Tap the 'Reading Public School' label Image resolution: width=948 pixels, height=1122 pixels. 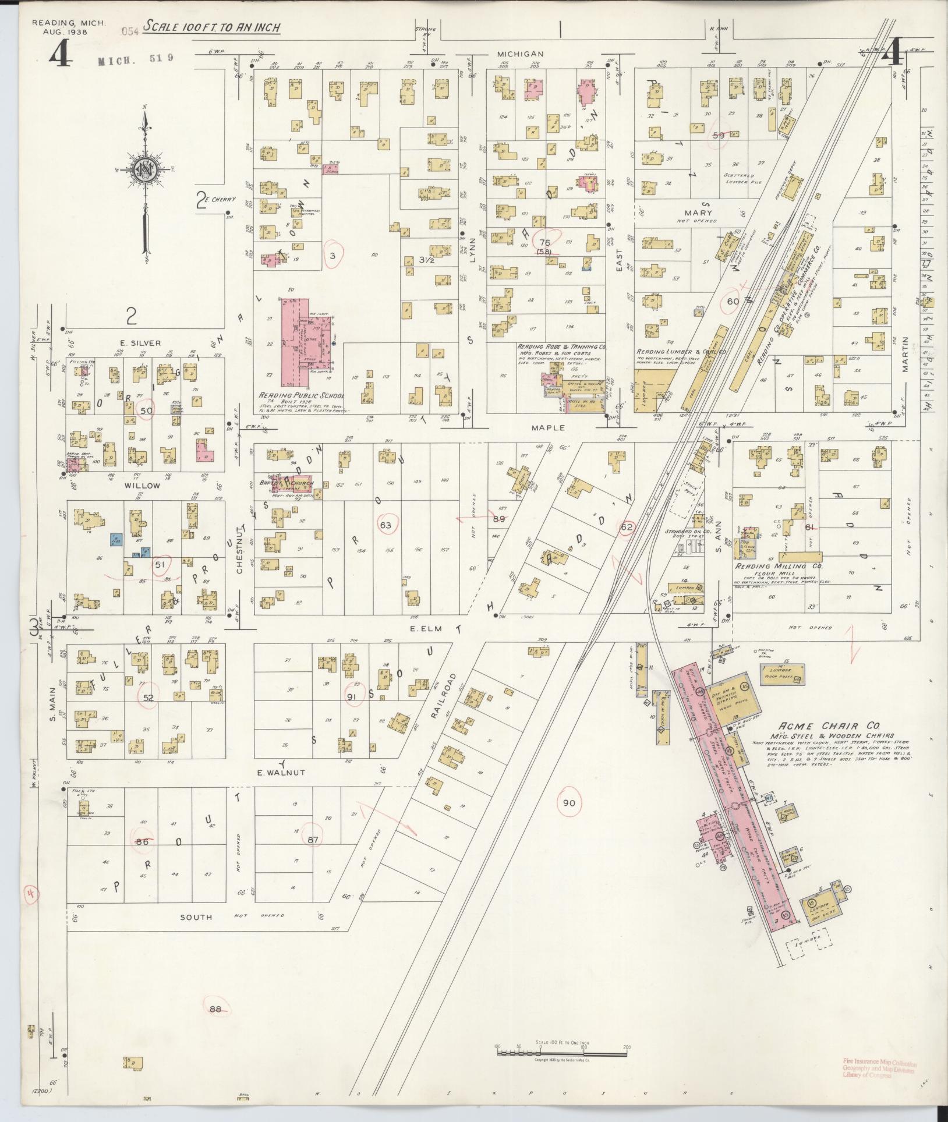302,395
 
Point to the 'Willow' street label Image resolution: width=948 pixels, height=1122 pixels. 145,485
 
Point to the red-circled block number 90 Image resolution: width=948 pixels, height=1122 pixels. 569,852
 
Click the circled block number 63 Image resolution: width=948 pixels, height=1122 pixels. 385,525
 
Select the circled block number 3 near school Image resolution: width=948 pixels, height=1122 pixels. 333,256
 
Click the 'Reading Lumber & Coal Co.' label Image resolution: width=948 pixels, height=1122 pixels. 680,352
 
